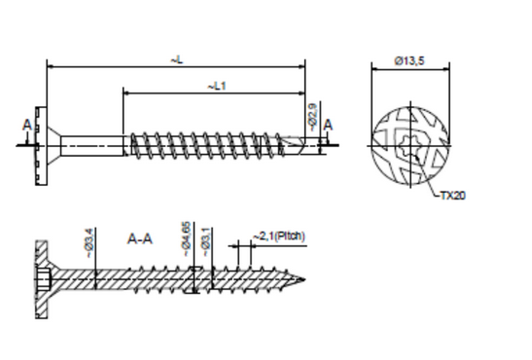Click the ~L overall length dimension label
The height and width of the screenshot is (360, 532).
tap(176, 60)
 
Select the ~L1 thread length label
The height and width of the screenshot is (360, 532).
tap(217, 87)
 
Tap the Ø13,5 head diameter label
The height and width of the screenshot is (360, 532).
tap(408, 61)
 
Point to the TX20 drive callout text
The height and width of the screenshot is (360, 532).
tap(452, 196)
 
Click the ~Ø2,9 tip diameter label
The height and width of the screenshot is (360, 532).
tap(313, 117)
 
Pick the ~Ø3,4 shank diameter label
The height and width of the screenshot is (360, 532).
tap(89, 243)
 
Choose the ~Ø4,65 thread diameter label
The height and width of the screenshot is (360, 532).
tap(187, 239)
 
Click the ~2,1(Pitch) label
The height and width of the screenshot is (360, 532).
tap(279, 235)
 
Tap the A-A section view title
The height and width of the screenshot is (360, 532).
tap(140, 239)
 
